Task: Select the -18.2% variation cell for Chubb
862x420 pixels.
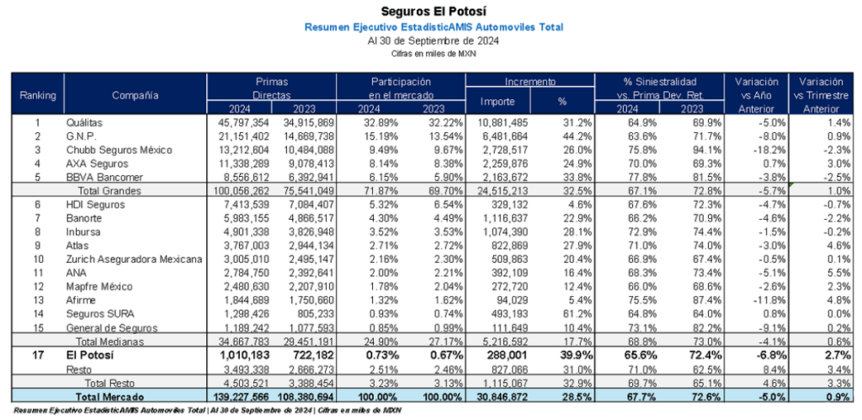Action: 755,149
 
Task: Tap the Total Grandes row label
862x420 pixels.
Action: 106,190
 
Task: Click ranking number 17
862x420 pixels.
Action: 37,356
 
